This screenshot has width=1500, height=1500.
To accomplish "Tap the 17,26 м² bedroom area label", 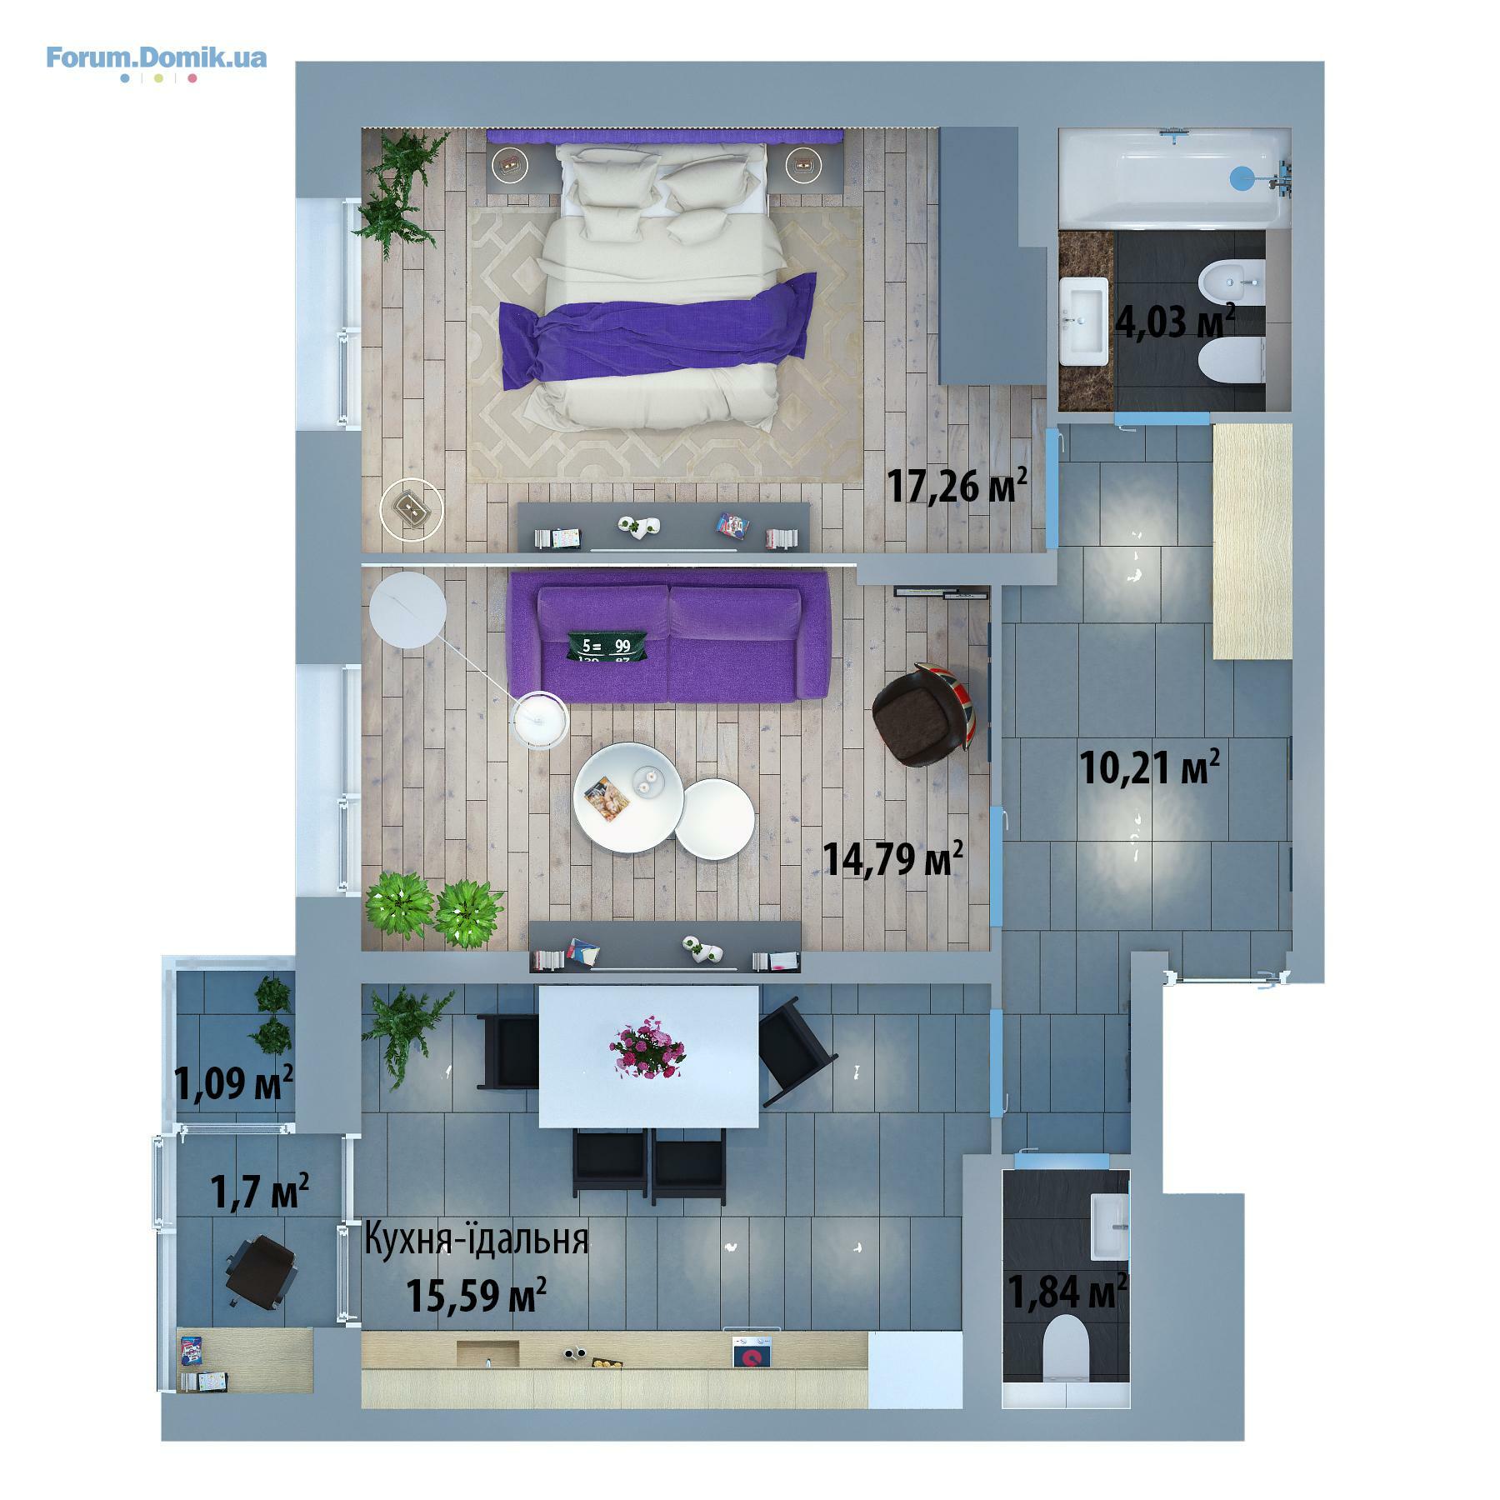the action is click(956, 485).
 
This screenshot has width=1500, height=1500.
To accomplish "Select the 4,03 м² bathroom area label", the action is click(1174, 321).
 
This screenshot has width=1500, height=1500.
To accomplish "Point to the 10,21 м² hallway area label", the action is click(1150, 767).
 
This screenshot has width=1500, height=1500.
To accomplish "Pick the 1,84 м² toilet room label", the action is click(1067, 1291).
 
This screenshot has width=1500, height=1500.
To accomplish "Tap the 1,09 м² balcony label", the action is click(233, 1083).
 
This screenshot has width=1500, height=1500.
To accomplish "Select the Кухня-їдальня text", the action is click(477, 1239).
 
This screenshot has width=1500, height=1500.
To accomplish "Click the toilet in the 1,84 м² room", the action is click(1067, 1347).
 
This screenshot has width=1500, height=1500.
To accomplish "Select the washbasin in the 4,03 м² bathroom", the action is click(1083, 322).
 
